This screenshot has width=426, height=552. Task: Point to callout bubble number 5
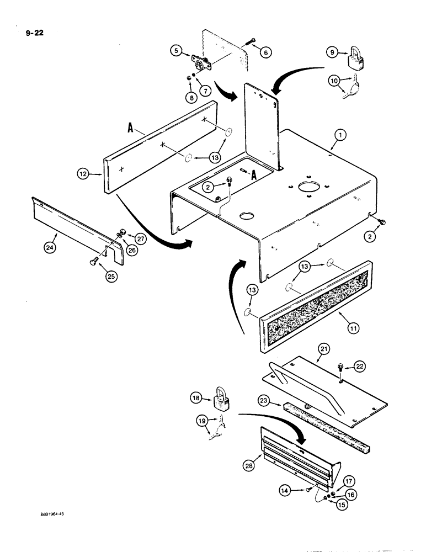pyautogui.click(x=176, y=51)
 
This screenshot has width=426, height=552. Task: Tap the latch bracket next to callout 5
pyautogui.click(x=199, y=59)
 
